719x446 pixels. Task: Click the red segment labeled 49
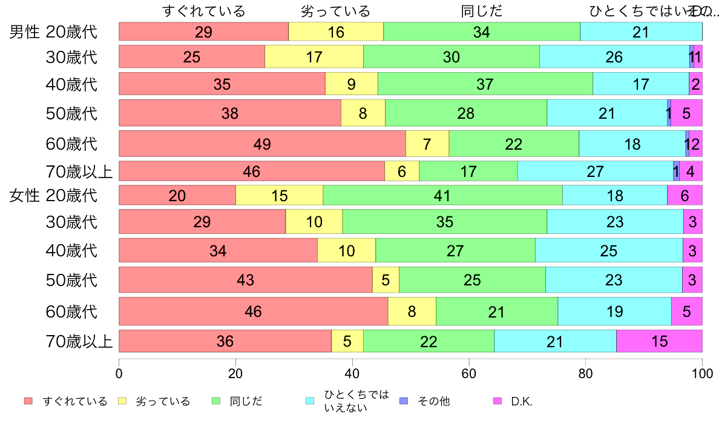click(x=262, y=144)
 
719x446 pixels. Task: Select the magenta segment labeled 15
click(x=658, y=341)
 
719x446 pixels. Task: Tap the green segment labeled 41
click(x=442, y=195)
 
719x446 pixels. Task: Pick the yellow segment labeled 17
click(x=314, y=56)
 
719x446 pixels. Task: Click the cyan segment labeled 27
click(x=595, y=171)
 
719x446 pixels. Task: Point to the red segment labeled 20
click(x=177, y=195)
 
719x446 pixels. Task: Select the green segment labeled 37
click(x=485, y=84)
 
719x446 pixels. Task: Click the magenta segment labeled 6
click(x=684, y=195)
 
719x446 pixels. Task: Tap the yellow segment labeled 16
click(x=336, y=32)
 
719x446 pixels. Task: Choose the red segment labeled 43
click(x=245, y=279)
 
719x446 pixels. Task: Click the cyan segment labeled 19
click(x=614, y=311)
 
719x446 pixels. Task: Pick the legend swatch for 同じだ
click(x=215, y=401)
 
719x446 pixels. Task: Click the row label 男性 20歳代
click(x=53, y=32)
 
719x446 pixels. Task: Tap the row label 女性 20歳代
click(x=53, y=195)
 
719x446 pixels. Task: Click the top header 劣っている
click(x=335, y=11)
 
